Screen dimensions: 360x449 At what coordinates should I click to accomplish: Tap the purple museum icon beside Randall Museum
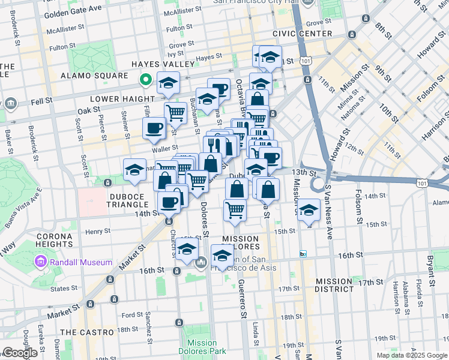[x=40, y=262]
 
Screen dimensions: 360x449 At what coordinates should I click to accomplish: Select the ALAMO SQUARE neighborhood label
[x=94, y=76]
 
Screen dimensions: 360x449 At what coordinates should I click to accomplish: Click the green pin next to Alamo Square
[x=145, y=79]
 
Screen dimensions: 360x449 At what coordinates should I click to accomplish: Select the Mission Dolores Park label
[x=202, y=347]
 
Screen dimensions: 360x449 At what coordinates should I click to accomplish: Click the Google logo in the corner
[x=20, y=353]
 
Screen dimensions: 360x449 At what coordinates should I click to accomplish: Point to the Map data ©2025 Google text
[x=412, y=355]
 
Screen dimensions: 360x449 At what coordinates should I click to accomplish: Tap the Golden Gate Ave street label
[x=73, y=11]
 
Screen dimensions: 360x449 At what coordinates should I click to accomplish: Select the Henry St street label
[x=98, y=231]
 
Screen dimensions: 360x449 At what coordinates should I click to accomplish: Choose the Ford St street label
[x=132, y=314]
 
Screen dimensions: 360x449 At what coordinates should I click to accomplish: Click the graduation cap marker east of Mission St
[x=309, y=211]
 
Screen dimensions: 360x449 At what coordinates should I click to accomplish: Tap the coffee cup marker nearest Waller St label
[x=154, y=128]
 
